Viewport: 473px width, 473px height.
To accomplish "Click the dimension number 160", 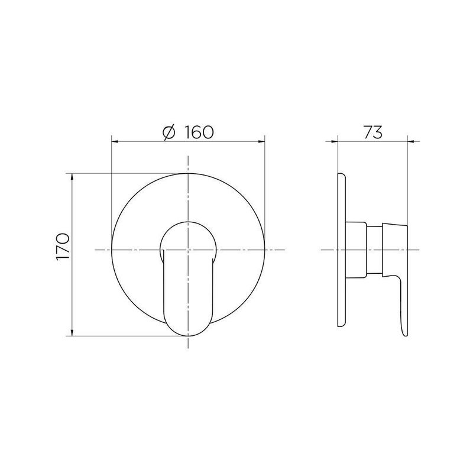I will tap(197, 132).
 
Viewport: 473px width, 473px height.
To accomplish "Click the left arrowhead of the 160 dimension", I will tap(114, 142).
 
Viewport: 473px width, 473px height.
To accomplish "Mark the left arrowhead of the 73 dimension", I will tap(339, 142).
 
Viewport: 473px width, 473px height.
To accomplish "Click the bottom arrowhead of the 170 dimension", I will tap(72, 333).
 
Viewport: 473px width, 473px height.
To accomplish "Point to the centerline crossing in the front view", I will tap(187, 250).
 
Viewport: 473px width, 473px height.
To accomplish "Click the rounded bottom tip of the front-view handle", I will tap(187, 335).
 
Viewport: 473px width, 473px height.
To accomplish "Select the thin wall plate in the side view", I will tap(341, 250).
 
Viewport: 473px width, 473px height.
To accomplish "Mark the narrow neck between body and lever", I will tap(375, 250).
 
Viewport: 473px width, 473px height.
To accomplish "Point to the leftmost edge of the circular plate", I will tap(112, 250).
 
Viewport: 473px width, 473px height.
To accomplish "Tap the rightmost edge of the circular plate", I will tap(264, 250).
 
